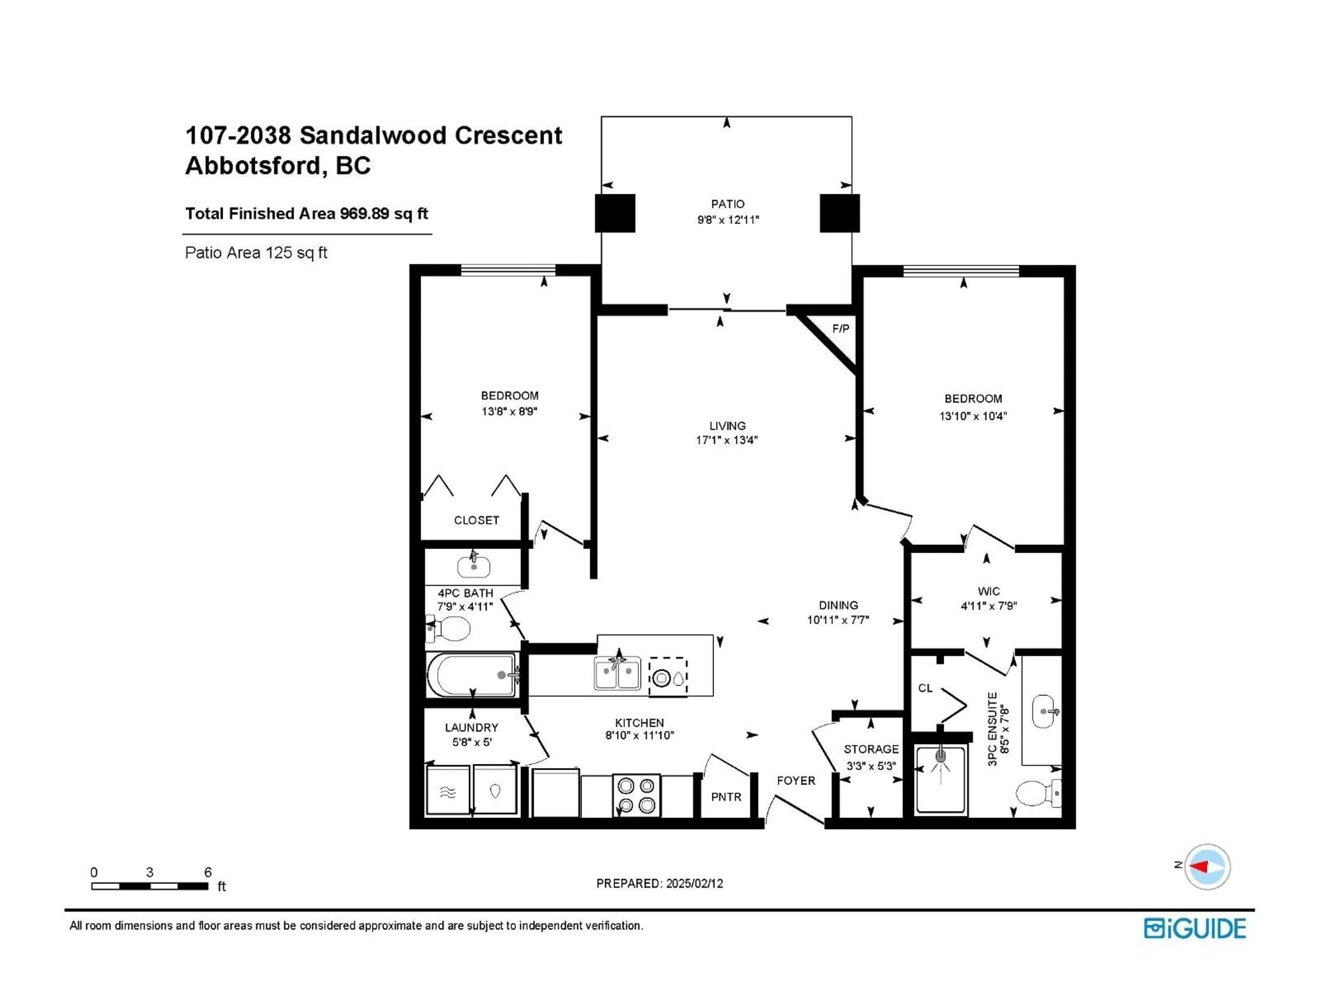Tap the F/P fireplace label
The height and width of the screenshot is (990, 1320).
840,329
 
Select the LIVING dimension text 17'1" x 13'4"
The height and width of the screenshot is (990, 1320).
726,440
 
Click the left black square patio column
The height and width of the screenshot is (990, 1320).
615,213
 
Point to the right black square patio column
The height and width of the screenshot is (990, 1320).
839,213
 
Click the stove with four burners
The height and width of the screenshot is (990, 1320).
636,795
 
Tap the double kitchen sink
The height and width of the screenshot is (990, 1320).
617,674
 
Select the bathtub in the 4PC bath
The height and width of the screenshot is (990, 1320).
471,675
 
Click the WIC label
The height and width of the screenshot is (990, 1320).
988,591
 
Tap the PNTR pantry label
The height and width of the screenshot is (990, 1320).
726,797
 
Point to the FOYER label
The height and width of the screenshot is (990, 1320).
795,781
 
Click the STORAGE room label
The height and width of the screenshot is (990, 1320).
871,749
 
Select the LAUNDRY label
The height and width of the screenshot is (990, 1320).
471,727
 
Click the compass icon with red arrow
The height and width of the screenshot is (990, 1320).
1207,867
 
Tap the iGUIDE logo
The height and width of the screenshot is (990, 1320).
1195,928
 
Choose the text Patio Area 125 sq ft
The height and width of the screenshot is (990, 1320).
256,253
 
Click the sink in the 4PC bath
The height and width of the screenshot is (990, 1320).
473,566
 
